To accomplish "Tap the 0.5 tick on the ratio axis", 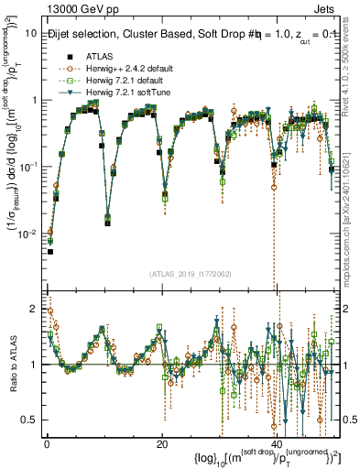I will [x=32, y=420].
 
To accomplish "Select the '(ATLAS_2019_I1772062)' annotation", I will [x=183, y=273].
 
